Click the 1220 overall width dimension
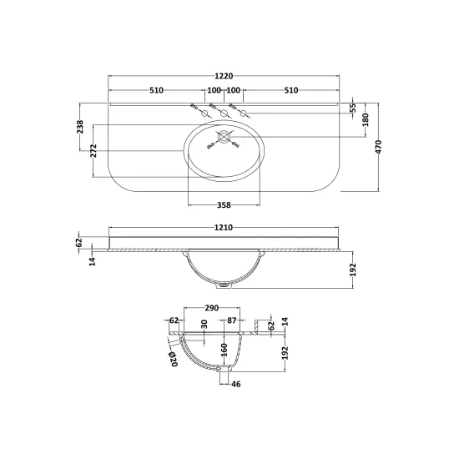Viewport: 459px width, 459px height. coord(224,76)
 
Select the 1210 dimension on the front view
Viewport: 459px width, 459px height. coord(224,228)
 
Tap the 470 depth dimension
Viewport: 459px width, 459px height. coord(379,147)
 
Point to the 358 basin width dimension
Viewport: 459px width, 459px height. coord(224,205)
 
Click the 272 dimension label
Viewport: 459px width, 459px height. coord(93,151)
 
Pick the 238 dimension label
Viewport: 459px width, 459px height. coord(80,127)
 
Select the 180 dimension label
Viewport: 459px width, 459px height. coord(366,119)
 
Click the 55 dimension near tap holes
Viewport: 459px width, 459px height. coord(353,108)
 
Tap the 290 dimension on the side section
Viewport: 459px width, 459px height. coord(212,308)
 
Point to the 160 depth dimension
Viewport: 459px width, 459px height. coord(224,350)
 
